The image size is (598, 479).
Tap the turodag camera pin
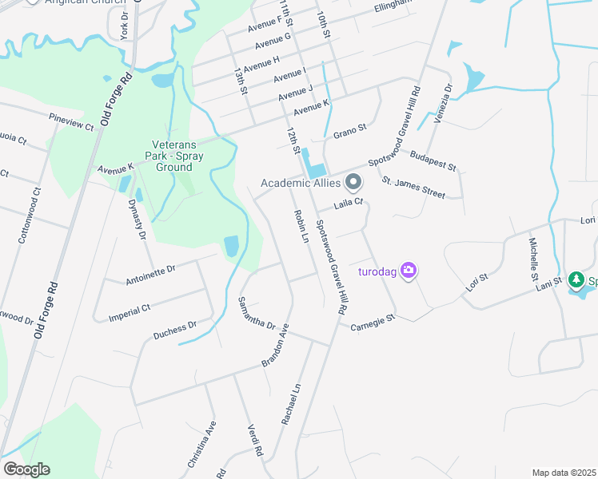click(x=409, y=271)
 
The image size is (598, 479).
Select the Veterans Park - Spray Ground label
click(x=173, y=151)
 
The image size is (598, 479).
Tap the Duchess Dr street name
click(x=175, y=331)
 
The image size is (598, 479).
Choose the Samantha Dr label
click(x=257, y=315)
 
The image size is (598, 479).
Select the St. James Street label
click(x=413, y=188)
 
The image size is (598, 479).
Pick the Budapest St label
click(x=432, y=160)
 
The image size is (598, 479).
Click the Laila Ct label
click(x=349, y=205)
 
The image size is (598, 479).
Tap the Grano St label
click(x=349, y=129)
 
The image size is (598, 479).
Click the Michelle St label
click(x=533, y=257)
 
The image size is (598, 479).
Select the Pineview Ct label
click(x=71, y=122)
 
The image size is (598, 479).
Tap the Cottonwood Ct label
click(x=30, y=216)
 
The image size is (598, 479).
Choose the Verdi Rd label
click(x=256, y=440)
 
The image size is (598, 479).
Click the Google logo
click(x=26, y=469)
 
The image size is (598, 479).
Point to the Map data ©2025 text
click(x=564, y=473)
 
